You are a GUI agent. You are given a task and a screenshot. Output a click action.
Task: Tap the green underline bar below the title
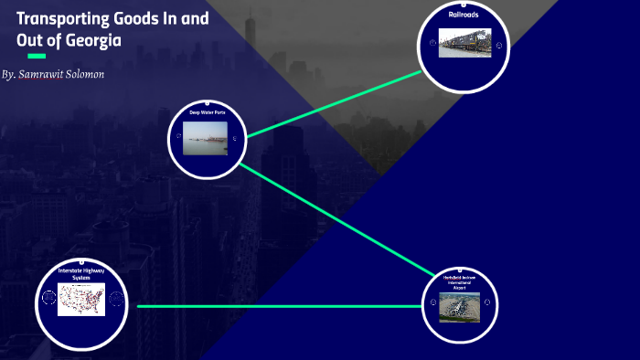click(x=37, y=57)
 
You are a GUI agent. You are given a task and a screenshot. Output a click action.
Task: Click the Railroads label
click(x=464, y=16)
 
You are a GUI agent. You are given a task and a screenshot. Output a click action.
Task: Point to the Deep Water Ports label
click(x=207, y=112)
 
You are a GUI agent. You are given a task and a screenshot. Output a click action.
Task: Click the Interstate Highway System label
click(x=82, y=275)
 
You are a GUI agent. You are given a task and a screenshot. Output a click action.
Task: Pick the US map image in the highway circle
click(x=81, y=299)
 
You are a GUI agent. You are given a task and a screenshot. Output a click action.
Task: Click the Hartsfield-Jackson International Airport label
click(x=461, y=281)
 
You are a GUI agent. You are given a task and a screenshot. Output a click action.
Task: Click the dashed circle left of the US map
click(x=48, y=299)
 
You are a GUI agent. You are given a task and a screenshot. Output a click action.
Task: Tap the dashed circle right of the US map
click(x=116, y=299)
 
